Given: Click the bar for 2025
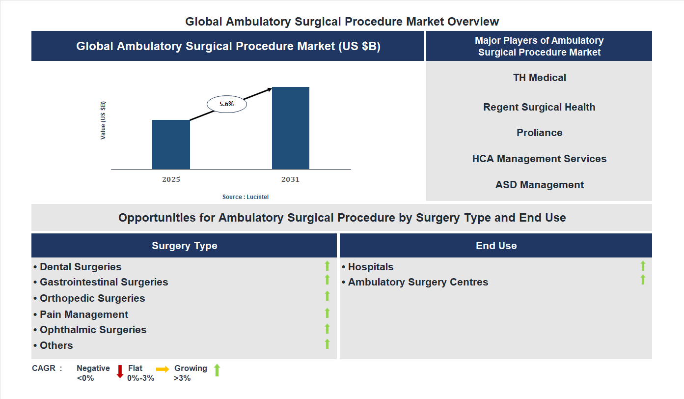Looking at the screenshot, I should [x=171, y=144].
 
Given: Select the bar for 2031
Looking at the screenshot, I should [x=291, y=128].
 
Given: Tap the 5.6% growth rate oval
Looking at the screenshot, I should [x=226, y=104].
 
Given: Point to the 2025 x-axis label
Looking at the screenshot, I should [x=171, y=179].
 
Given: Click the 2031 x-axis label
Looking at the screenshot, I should [x=290, y=179].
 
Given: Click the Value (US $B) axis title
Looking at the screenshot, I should [x=103, y=120].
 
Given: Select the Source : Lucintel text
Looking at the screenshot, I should [x=246, y=197].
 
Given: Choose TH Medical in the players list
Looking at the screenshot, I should [x=539, y=78].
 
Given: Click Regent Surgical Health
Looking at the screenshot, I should [x=539, y=107].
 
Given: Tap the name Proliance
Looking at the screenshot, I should [x=539, y=133].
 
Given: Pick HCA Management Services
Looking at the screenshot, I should [x=539, y=159].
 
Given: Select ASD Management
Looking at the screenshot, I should [x=539, y=185].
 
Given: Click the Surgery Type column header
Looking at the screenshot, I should [x=184, y=246].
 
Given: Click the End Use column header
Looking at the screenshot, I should [x=496, y=246].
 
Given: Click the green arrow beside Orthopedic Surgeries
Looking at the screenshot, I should [x=327, y=296].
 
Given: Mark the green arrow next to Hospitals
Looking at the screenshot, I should [x=643, y=266].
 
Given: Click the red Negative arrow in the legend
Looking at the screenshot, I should [x=120, y=371].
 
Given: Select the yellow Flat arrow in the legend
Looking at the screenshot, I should [x=163, y=369].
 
